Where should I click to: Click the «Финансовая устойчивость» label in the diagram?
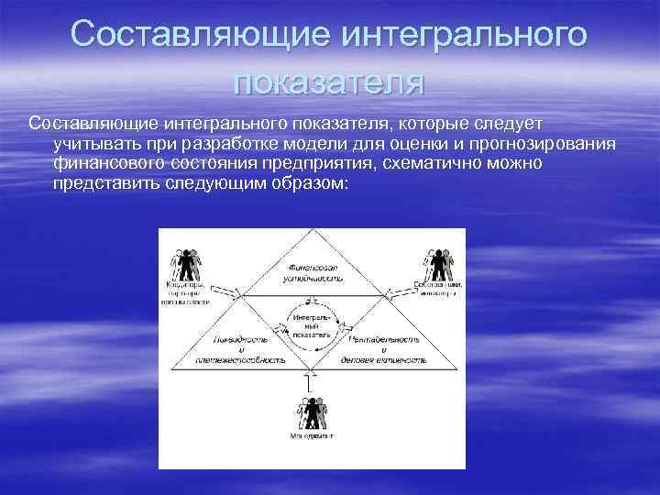pos(312,269)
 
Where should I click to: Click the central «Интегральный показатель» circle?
pos(312,325)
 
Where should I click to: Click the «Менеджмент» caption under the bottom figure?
pos(313,437)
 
